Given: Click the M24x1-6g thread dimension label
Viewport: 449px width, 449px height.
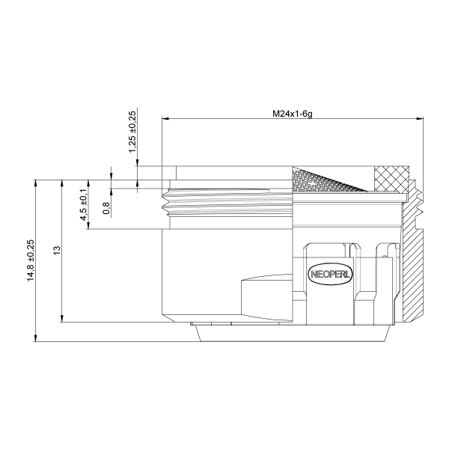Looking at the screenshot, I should click(292, 113).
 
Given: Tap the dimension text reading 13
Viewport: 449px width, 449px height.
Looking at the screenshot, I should click(58, 251).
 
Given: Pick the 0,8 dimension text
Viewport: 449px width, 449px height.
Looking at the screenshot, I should click(106, 207).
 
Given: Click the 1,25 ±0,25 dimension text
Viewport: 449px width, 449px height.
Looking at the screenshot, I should click(133, 132).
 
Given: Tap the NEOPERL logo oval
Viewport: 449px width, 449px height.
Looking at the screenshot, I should click(324, 274).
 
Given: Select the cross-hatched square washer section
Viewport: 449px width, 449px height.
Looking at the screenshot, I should click(392, 178).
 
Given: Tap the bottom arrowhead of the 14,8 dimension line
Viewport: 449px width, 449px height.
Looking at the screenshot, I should click(37, 338).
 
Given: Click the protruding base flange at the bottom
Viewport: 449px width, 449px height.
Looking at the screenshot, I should click(292, 334).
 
